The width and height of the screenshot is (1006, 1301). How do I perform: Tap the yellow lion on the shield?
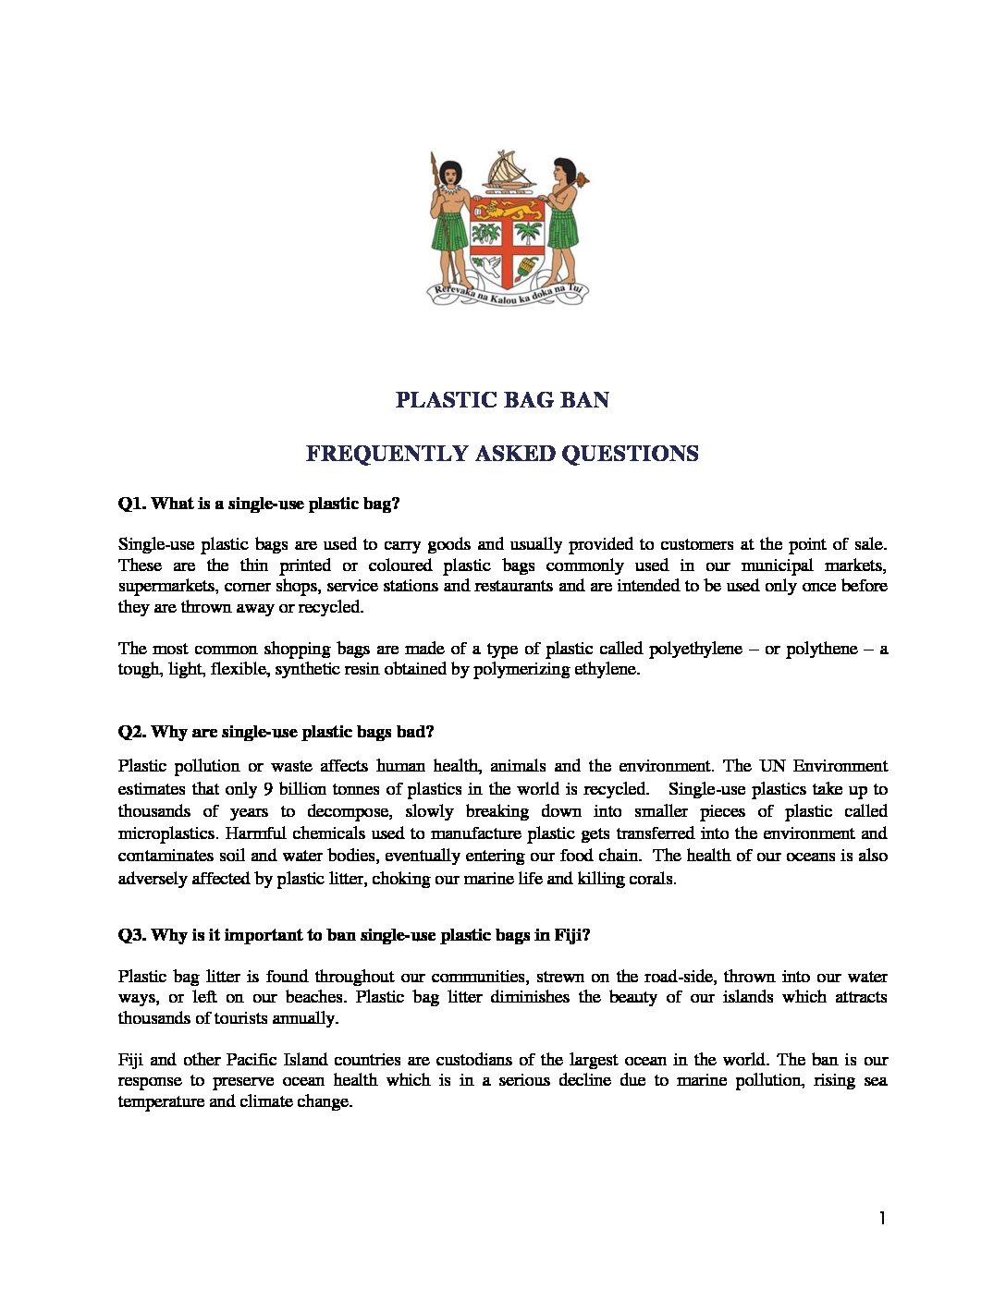508,210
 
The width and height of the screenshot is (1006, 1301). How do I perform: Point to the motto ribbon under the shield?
508,294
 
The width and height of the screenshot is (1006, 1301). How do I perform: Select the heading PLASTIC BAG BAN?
502,400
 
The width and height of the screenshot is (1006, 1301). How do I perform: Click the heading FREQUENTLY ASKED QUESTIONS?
502,454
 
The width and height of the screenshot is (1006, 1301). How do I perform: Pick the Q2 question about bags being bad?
276,732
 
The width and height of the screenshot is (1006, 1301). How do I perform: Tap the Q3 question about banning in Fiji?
354,935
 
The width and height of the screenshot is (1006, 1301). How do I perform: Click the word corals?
653,879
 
